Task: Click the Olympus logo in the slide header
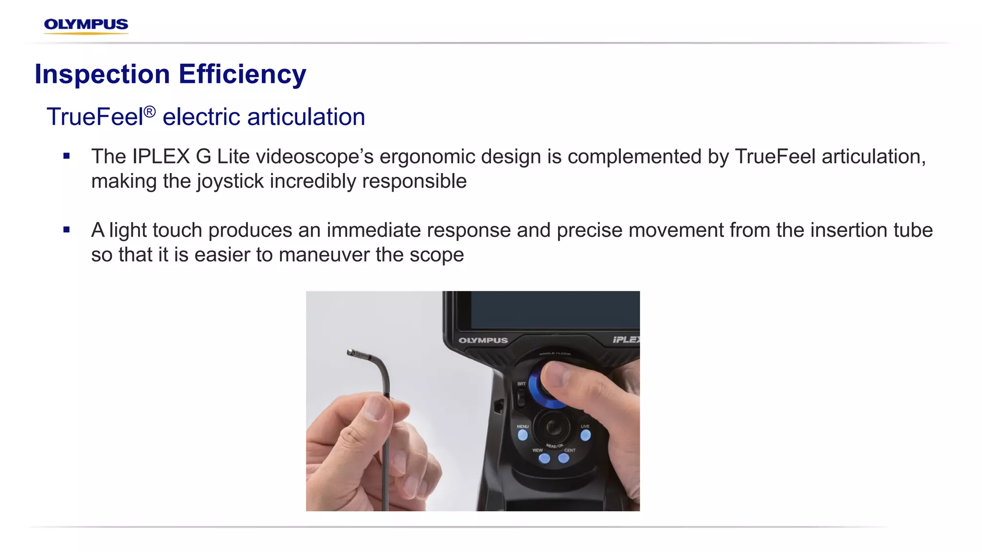(86, 25)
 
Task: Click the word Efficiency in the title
(242, 75)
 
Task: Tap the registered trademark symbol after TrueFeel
(150, 112)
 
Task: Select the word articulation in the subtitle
(306, 117)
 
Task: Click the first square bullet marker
(67, 156)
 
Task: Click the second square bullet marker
(67, 230)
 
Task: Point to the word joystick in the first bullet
(230, 182)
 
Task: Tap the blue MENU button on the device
(523, 435)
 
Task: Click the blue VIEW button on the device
(544, 459)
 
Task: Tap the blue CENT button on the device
(564, 459)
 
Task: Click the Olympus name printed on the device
(483, 340)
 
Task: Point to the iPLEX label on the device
(625, 340)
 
